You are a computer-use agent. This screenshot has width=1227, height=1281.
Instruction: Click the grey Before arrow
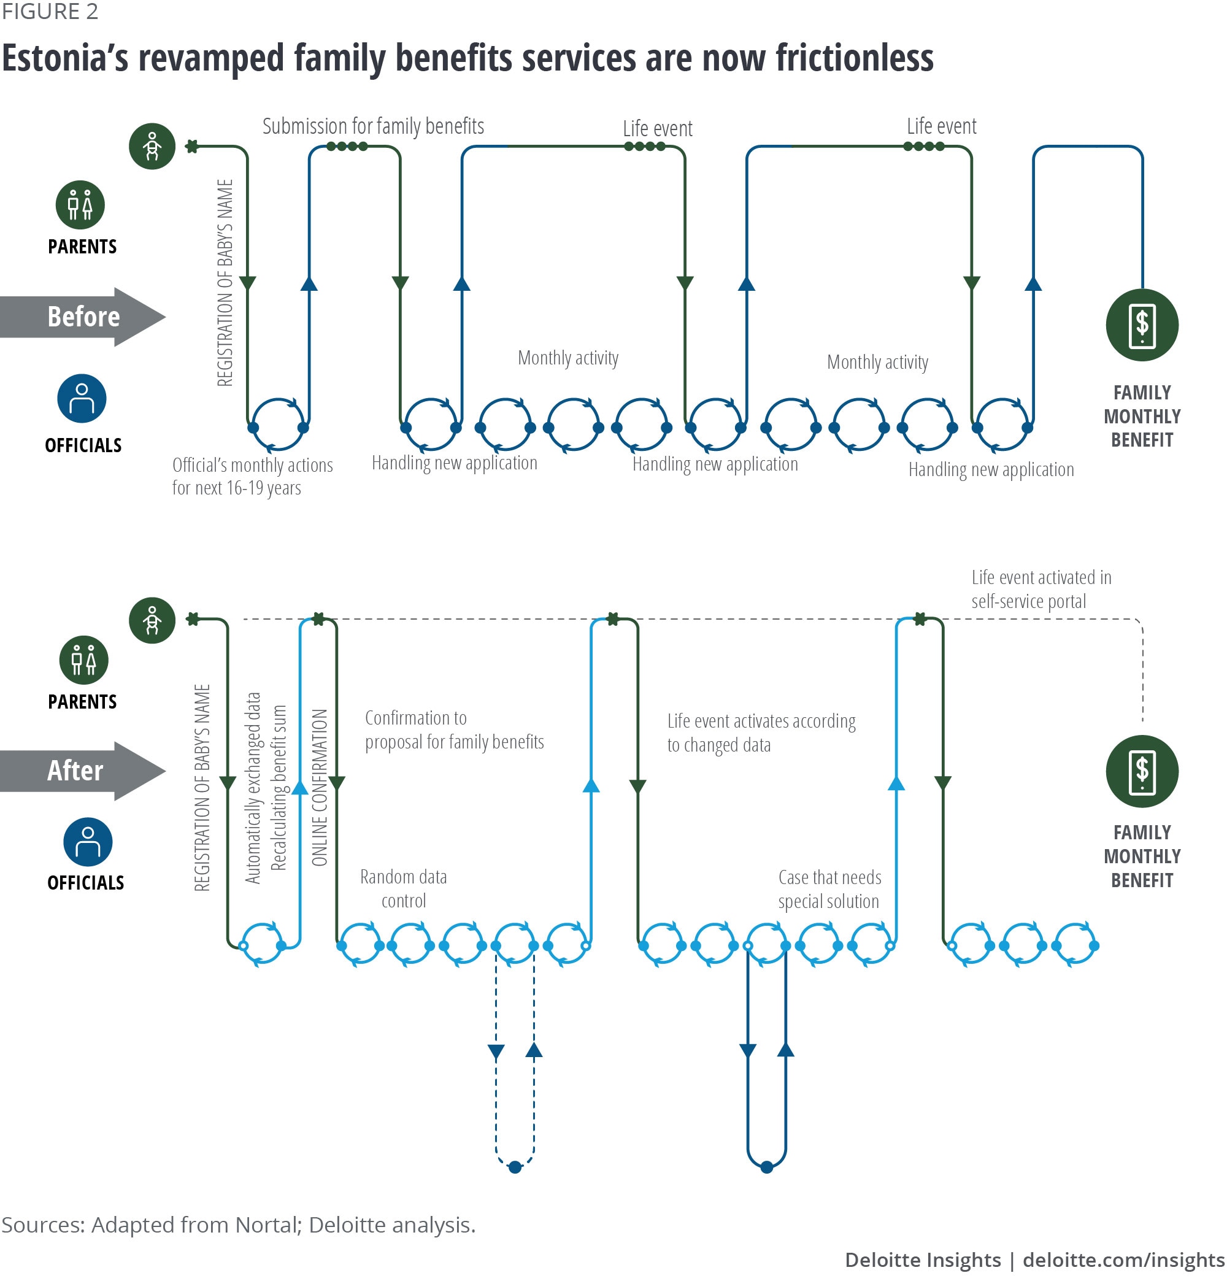tap(83, 317)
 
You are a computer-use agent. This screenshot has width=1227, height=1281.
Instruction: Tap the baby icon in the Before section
tap(152, 147)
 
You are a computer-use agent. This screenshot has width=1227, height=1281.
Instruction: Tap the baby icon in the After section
tap(152, 620)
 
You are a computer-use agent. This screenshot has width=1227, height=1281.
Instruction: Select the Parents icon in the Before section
tap(80, 204)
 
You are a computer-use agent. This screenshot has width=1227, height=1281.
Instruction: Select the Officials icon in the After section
tap(88, 842)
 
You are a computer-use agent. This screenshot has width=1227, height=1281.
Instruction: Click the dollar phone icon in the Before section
tap(1141, 325)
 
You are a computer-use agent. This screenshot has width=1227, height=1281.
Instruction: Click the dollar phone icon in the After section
tap(1141, 771)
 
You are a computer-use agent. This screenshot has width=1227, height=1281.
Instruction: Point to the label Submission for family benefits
tap(372, 126)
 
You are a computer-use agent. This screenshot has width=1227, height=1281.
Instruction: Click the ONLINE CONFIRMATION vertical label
tap(319, 788)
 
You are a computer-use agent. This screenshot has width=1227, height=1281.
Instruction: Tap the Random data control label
tap(403, 889)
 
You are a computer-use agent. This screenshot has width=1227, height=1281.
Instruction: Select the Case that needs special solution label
tap(829, 890)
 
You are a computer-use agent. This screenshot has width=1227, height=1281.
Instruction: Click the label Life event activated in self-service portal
tap(1040, 589)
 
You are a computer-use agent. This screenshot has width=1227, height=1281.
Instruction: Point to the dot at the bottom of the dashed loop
tap(515, 1168)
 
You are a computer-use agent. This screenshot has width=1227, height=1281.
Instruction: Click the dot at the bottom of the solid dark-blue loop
tap(767, 1168)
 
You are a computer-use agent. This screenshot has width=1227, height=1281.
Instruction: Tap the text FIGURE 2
tap(50, 12)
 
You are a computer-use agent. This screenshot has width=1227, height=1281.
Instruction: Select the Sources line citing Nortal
tap(238, 1225)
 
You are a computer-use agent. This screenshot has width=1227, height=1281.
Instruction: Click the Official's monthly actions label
tap(252, 477)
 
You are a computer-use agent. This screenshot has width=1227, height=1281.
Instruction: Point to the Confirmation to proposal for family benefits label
tap(453, 730)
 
